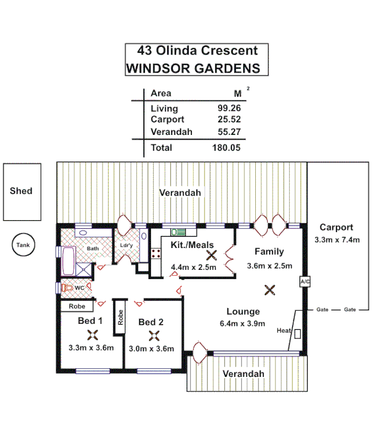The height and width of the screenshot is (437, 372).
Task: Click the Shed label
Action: (21, 191)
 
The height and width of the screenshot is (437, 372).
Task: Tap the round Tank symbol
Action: (23, 245)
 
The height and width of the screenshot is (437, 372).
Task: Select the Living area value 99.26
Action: (229, 108)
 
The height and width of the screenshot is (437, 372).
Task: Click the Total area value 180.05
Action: (226, 147)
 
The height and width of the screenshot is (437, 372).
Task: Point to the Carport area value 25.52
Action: (229, 119)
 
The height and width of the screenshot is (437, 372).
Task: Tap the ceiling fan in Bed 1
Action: (92, 335)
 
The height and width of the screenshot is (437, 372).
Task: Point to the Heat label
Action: (283, 330)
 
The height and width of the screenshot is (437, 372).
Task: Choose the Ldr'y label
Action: (127, 246)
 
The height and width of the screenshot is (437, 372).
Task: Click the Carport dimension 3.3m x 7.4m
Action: (337, 239)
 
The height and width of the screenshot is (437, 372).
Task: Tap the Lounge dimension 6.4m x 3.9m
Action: (243, 323)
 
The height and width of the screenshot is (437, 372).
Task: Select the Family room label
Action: (269, 252)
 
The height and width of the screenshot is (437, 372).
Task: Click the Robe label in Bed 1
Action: (76, 306)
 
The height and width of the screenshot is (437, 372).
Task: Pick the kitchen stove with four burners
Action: (155, 253)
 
